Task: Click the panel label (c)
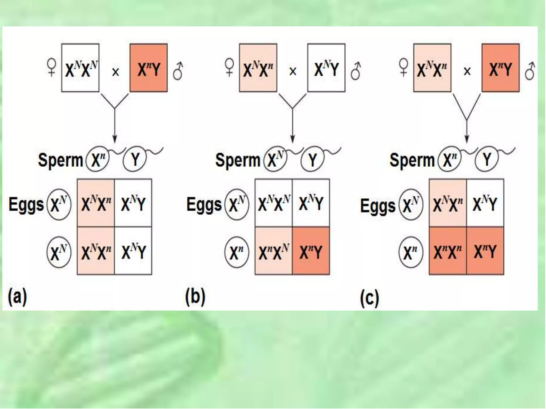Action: [369, 298]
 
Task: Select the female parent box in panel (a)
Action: [80, 68]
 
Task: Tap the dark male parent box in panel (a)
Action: [148, 68]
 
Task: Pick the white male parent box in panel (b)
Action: [326, 68]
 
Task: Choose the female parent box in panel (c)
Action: [432, 68]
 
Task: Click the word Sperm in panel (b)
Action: [238, 160]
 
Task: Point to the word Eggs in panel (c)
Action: [378, 206]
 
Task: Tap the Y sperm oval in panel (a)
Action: [135, 159]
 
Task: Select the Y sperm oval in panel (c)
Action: [487, 159]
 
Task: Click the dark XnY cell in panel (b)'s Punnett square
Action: [311, 251]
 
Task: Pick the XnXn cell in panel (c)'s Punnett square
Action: [448, 251]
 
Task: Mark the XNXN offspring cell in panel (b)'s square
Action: [274, 203]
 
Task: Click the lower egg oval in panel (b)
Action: [237, 252]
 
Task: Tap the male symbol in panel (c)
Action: [529, 71]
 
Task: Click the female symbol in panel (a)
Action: [51, 67]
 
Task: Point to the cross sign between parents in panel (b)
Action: [293, 71]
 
